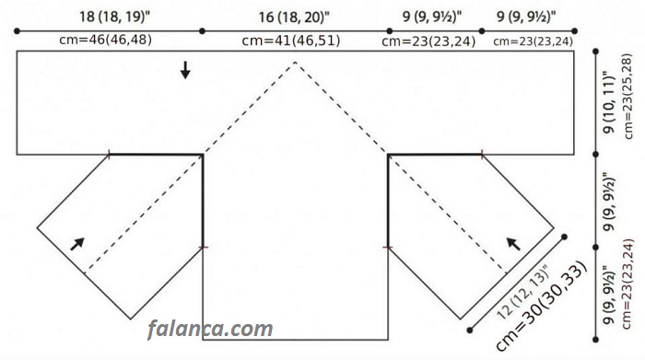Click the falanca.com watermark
click(x=210, y=329)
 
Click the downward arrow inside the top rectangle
click(x=185, y=70)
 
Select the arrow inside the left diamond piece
click(x=77, y=244)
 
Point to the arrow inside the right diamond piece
click(x=513, y=244)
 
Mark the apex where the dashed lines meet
click(x=295, y=62)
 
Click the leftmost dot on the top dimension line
click(x=17, y=30)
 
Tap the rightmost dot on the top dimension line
click(x=575, y=30)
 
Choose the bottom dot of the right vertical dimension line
click(x=595, y=340)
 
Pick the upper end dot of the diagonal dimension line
click(x=564, y=237)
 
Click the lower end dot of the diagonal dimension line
click(x=470, y=330)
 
